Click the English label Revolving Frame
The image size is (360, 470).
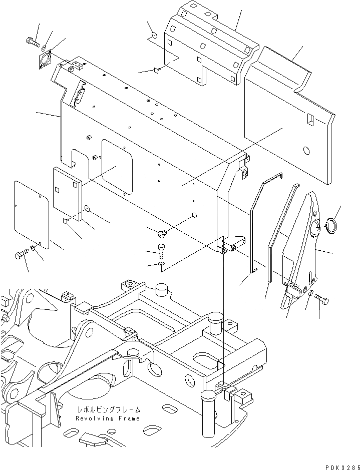coord(108,418)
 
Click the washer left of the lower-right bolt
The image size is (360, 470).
coord(310,293)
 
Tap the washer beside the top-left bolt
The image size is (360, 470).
coord(45,48)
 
